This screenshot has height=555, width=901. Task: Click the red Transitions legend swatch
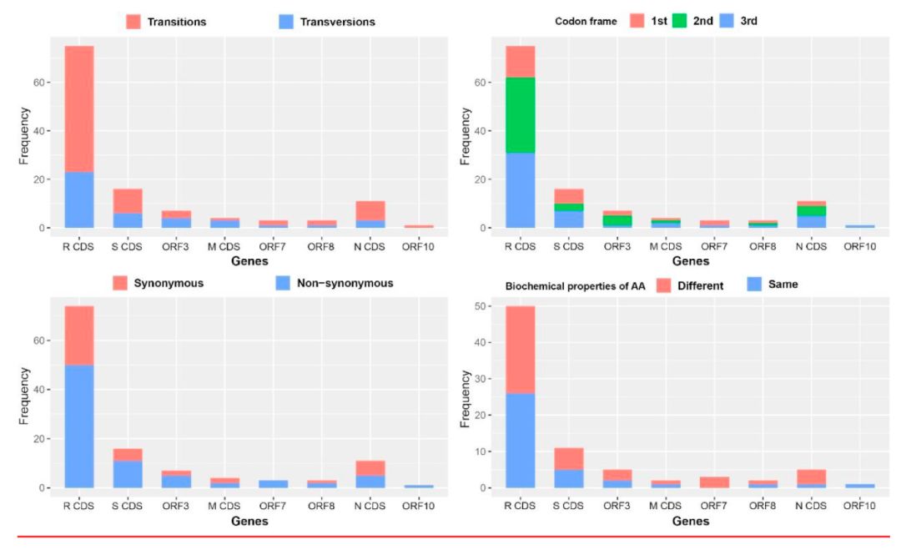(x=133, y=22)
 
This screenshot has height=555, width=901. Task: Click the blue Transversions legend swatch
(x=286, y=22)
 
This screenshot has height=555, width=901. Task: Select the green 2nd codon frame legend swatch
(x=679, y=21)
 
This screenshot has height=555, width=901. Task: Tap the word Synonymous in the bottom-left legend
(x=169, y=283)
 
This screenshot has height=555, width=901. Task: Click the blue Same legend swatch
(x=754, y=284)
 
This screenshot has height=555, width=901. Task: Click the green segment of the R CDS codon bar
(x=520, y=115)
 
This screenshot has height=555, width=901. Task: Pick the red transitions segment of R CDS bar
(x=78, y=109)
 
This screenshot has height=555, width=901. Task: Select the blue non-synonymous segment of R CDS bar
(x=78, y=426)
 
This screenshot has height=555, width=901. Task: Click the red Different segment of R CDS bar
(x=520, y=350)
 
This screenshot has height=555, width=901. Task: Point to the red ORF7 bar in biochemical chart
(x=713, y=482)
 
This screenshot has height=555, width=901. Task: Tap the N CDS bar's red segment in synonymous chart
(x=370, y=468)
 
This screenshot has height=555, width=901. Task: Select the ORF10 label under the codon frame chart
(x=859, y=246)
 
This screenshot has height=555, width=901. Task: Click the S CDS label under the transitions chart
(x=127, y=246)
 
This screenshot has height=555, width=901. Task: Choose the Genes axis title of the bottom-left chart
(x=249, y=521)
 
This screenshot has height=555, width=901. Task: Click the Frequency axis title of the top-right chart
(x=465, y=136)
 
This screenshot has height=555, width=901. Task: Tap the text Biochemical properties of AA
(x=575, y=285)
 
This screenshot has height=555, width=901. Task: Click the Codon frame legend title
(x=586, y=21)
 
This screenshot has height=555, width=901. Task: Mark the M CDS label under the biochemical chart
(x=666, y=506)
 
